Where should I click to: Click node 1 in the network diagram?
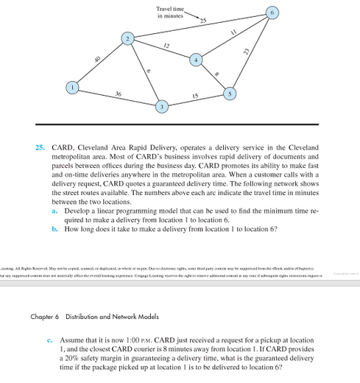point(72,87)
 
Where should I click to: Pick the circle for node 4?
point(196,59)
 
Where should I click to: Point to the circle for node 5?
point(230,94)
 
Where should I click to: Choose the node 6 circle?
point(272,14)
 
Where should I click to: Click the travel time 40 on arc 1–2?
point(97,58)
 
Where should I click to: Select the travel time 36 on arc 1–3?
point(119,94)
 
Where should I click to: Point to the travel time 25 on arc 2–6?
point(202,19)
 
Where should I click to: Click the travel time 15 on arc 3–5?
point(195,96)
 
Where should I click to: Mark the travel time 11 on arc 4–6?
point(233,32)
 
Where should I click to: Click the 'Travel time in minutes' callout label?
point(170,12)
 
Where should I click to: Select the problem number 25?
point(41,148)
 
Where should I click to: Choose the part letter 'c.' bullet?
point(49,340)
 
